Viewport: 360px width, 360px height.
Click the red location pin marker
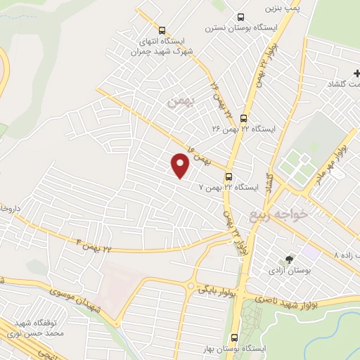point(180,165)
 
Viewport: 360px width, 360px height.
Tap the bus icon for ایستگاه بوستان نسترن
point(241,17)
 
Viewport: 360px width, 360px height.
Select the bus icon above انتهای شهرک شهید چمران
point(162,30)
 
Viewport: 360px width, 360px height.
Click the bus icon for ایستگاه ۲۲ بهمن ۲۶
point(243,118)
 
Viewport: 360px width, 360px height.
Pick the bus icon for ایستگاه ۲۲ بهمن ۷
point(229,176)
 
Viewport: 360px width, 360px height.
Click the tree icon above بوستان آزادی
point(289,259)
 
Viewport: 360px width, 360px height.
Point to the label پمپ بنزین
point(282,8)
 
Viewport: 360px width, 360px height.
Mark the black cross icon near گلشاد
point(356,73)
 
